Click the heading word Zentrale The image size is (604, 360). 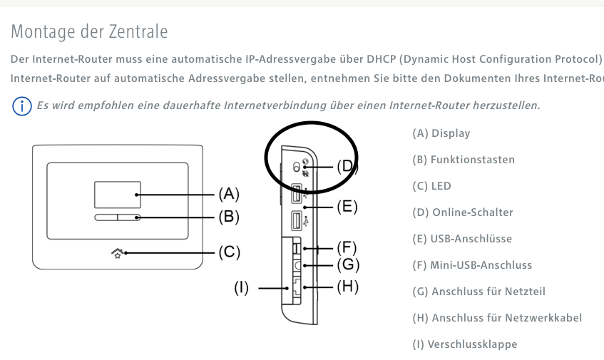[x=141, y=31]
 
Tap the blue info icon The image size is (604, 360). [x=22, y=106]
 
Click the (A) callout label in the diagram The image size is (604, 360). [x=228, y=194]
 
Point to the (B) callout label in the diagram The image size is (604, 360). [x=228, y=217]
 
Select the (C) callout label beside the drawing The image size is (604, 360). [x=228, y=252]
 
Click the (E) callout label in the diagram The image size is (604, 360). [x=346, y=207]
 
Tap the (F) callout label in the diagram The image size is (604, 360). [x=346, y=248]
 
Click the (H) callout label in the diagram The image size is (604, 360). [x=347, y=287]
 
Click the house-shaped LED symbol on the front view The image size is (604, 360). [x=117, y=252]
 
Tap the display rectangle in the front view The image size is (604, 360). [x=118, y=194]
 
